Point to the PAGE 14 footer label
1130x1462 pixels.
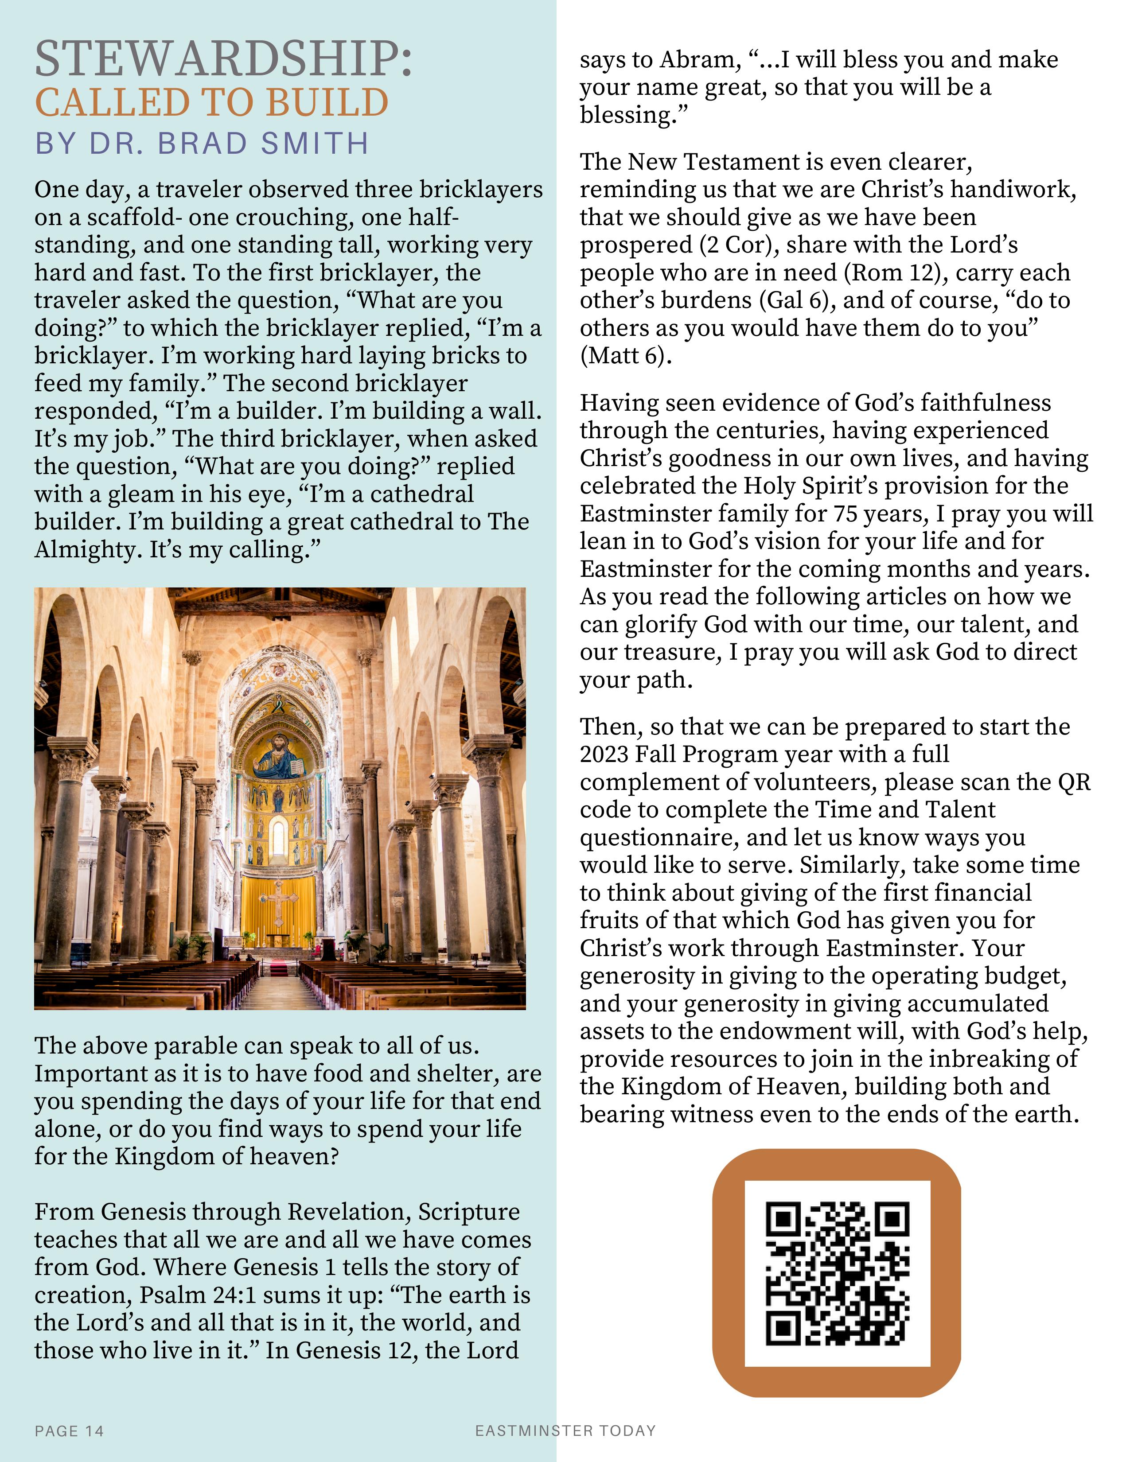tap(69, 1431)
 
